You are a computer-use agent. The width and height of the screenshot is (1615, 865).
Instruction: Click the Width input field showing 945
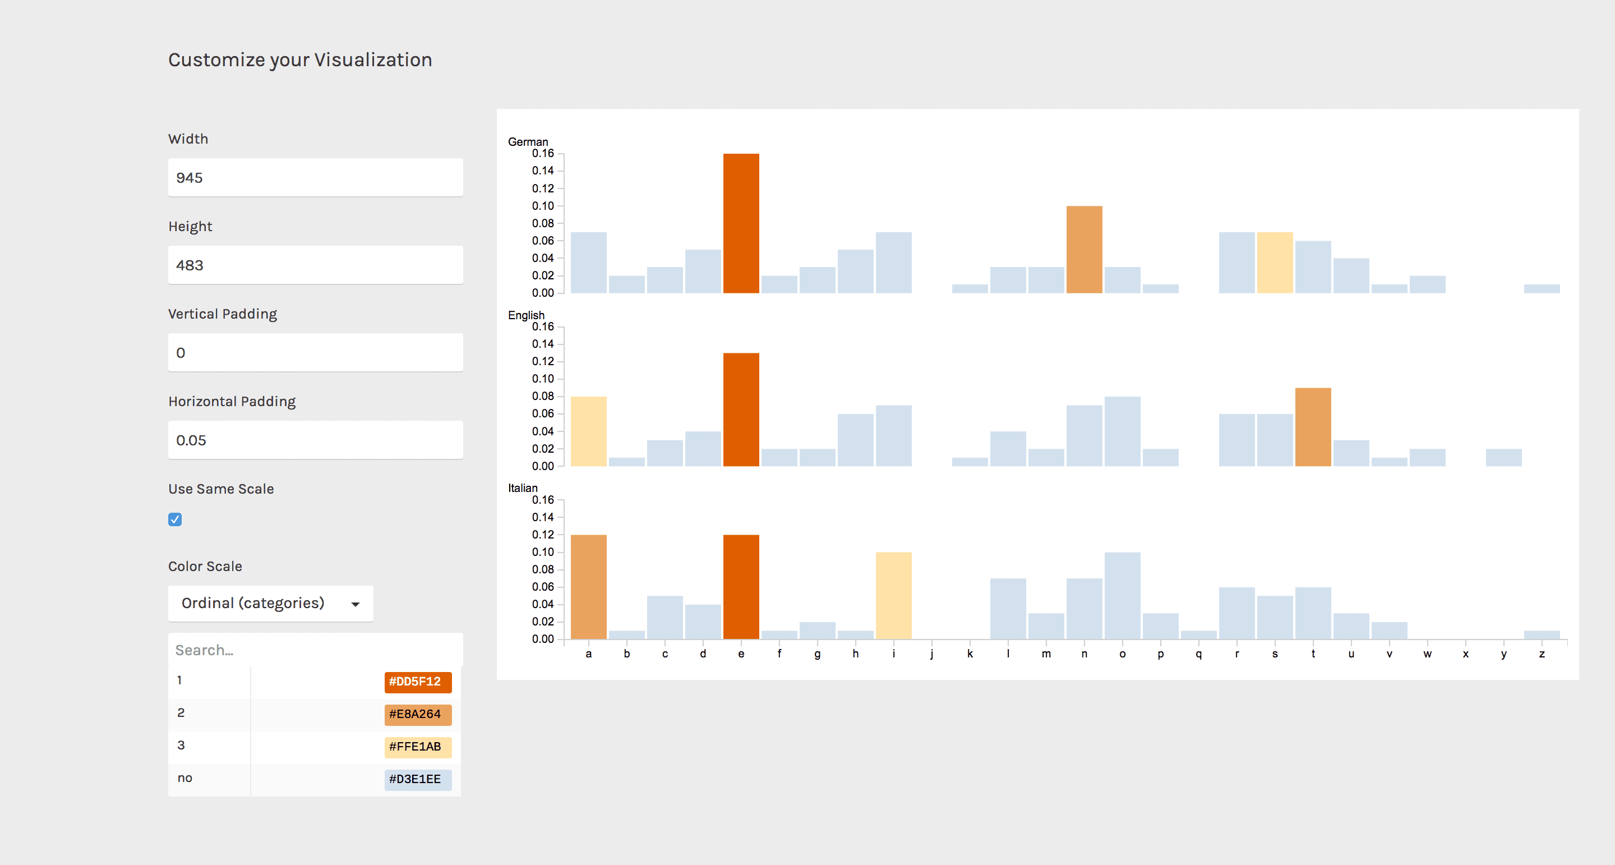[315, 177]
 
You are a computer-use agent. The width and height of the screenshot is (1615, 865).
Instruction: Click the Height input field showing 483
[315, 265]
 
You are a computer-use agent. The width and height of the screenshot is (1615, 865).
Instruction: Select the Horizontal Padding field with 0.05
[315, 440]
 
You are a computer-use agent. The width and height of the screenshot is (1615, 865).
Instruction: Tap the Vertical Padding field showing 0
[315, 352]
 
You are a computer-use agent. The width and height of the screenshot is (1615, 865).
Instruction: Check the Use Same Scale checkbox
[175, 519]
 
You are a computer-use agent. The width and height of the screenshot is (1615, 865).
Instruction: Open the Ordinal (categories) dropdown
[270, 604]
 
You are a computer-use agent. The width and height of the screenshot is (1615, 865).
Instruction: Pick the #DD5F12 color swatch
[418, 682]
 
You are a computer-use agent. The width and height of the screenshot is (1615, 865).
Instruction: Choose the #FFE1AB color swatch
[418, 747]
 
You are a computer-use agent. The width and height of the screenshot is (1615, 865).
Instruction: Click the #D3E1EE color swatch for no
[418, 780]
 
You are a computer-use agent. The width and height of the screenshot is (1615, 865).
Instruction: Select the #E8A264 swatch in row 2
[418, 715]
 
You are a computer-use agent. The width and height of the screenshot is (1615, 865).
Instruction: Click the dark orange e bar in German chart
[741, 223]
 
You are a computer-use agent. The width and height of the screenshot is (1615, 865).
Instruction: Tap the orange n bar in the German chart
[1084, 250]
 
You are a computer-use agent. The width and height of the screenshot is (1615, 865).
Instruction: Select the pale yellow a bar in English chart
[588, 431]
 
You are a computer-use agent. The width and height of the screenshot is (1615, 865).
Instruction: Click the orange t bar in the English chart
[1313, 427]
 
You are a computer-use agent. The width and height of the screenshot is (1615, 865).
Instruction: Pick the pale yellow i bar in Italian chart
[893, 596]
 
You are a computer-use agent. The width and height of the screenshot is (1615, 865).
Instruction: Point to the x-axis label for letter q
[1199, 654]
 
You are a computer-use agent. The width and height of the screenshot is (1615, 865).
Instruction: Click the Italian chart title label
[522, 488]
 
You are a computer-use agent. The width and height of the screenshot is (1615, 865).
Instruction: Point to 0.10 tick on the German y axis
[543, 206]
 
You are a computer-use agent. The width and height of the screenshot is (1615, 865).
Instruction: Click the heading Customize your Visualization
[299, 59]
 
